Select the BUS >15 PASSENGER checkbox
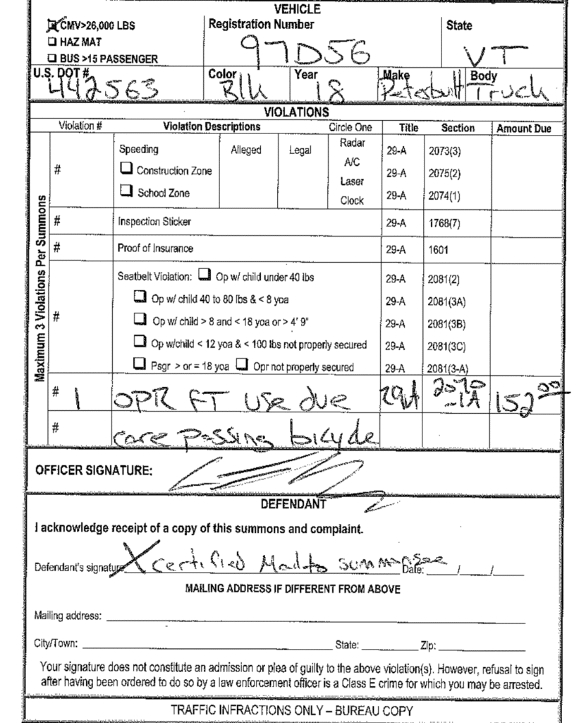51,59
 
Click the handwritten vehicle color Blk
244,91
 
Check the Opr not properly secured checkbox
240,366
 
